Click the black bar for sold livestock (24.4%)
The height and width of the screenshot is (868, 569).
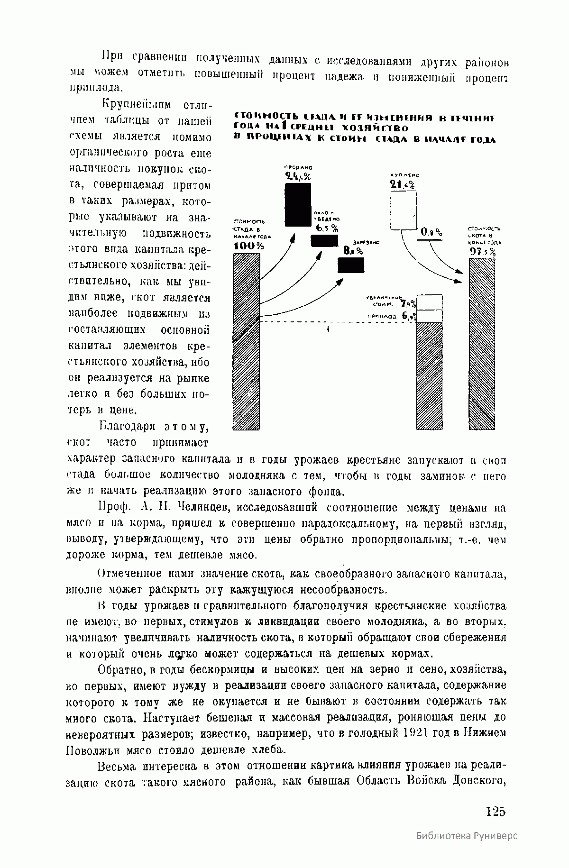(x=298, y=205)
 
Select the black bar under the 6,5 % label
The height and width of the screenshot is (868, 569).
(x=324, y=240)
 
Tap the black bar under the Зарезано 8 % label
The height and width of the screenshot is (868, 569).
(x=351, y=265)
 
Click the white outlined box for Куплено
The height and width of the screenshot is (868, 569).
(x=403, y=210)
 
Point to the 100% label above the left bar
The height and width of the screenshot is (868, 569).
(x=249, y=246)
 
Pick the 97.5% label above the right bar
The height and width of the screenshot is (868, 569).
(x=483, y=252)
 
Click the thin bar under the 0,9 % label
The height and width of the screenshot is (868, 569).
(x=430, y=240)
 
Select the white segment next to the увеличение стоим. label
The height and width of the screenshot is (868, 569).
(x=429, y=302)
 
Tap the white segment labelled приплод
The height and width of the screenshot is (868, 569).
(x=429, y=316)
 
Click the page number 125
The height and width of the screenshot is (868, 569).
(x=496, y=811)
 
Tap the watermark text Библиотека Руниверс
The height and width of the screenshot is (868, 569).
(x=467, y=849)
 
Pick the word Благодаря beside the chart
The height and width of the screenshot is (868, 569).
(x=128, y=426)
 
